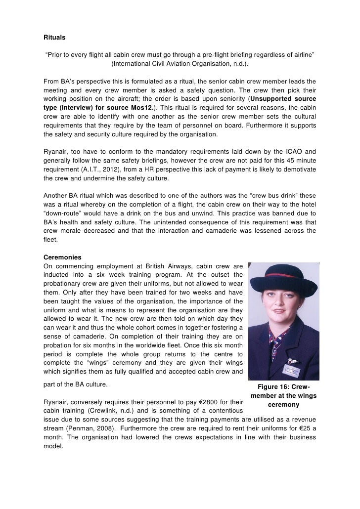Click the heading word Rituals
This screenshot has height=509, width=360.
[54, 36]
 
